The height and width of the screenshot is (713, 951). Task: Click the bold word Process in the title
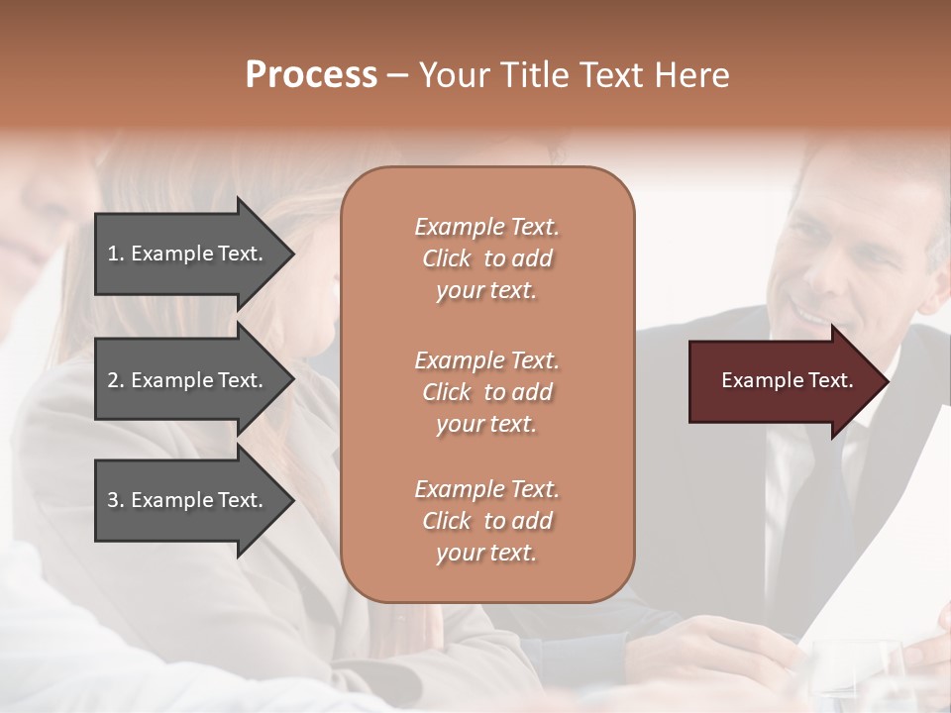311,75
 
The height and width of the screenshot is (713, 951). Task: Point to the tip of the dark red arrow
887,381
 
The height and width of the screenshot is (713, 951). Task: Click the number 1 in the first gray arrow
113,254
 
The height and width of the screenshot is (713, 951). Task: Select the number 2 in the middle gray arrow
113,380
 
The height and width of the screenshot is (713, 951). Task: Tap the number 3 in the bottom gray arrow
113,500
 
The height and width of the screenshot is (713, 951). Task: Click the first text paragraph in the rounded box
486,258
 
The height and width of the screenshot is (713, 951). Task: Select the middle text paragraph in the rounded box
486,391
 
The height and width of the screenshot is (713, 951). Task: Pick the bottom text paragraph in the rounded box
486,521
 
